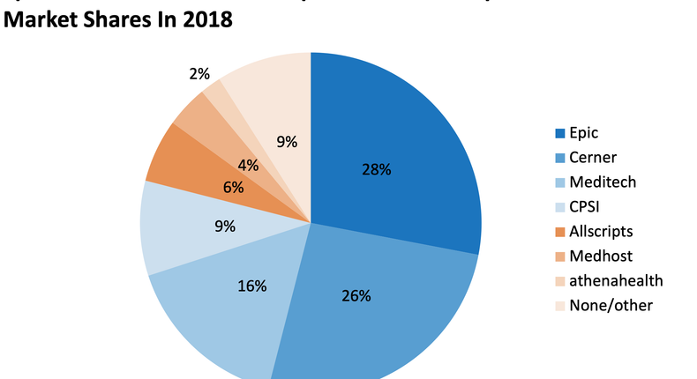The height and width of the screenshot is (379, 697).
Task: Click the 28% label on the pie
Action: click(x=377, y=170)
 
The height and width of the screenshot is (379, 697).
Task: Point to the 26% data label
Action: click(x=356, y=295)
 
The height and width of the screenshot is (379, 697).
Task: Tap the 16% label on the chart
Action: click(x=252, y=286)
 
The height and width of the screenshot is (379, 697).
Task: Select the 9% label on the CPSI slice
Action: click(x=225, y=227)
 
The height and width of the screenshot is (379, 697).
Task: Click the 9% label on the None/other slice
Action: click(x=287, y=140)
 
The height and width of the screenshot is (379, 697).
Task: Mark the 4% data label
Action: click(x=248, y=164)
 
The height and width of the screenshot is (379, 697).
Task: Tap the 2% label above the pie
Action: click(x=199, y=74)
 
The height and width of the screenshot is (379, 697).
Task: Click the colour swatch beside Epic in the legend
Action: click(x=560, y=133)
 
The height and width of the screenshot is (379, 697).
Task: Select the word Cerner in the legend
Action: click(x=593, y=158)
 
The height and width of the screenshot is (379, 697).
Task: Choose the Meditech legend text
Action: click(x=602, y=182)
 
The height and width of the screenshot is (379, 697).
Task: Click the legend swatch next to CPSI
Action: click(x=560, y=207)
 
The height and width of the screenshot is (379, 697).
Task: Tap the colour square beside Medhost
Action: click(x=560, y=256)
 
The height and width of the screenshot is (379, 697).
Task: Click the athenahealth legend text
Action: click(x=616, y=280)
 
